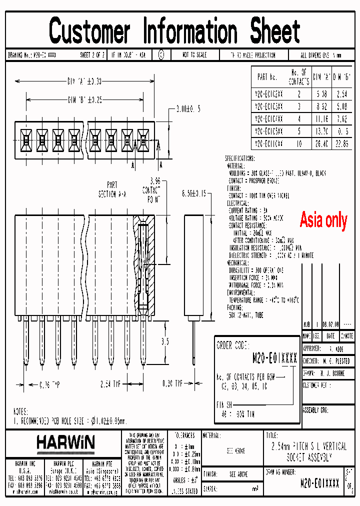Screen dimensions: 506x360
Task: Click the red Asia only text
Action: tap(323, 219)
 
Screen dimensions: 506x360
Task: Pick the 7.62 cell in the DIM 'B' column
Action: tap(342, 118)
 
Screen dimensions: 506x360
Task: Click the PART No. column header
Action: tap(267, 77)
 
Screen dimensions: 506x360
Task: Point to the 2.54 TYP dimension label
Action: tap(110, 384)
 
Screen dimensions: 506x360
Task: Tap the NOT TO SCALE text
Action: tap(194, 55)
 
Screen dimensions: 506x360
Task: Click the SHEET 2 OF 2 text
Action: tap(92, 55)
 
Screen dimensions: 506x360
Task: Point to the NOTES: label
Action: tap(21, 411)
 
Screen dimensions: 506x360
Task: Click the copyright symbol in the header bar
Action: tap(160, 55)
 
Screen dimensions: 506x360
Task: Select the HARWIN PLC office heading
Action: tap(64, 463)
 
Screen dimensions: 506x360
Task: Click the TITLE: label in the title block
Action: tap(272, 435)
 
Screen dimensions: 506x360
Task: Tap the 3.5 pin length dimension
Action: tap(164, 342)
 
